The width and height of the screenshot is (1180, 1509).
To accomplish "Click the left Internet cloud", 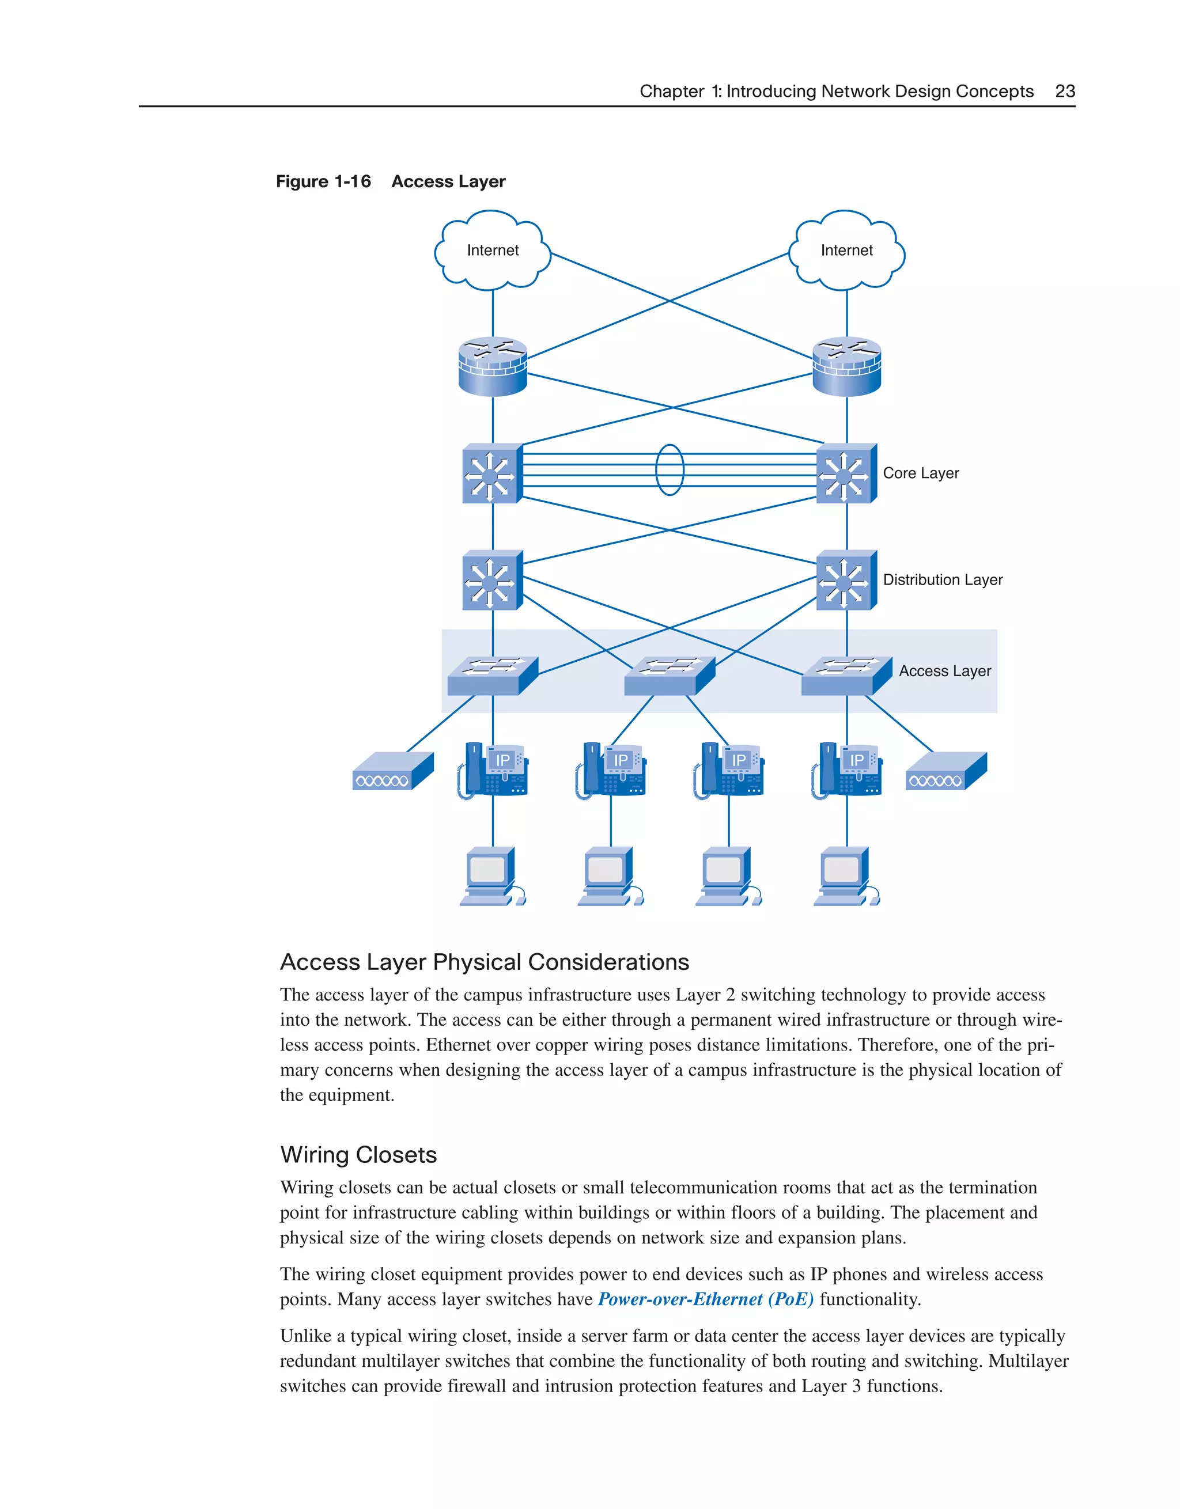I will pos(492,251).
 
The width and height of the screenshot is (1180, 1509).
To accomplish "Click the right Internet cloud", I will pos(846,251).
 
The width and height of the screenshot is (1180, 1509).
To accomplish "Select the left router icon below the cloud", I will pos(492,366).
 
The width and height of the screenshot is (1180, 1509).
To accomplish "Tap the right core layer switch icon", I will pos(845,474).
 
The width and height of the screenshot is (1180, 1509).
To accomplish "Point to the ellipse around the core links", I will pos(669,470).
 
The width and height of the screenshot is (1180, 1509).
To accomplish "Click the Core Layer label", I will pos(920,473).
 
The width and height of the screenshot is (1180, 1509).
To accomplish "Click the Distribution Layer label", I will pos(942,579).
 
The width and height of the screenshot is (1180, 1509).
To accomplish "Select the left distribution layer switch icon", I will pos(491,581).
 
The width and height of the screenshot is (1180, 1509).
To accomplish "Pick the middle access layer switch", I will pos(668,676).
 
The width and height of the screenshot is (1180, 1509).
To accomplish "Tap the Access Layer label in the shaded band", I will pos(944,671).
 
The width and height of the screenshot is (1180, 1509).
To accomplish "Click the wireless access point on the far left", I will pos(392,772).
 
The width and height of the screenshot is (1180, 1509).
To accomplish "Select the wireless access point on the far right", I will pos(945,772).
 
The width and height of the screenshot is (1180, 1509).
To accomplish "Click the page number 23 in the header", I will pos(1065,91).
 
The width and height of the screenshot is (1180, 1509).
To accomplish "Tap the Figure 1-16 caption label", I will pos(323,182).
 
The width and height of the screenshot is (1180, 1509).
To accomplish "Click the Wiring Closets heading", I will pos(358,1155).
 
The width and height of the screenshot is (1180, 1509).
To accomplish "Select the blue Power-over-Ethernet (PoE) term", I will pos(705,1299).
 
